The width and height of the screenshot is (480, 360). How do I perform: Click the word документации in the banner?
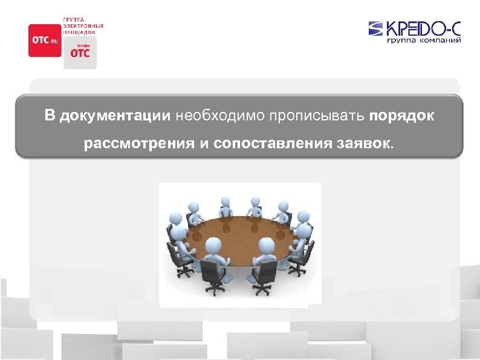(x=114, y=116)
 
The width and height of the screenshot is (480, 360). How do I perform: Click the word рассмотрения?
(x=138, y=145)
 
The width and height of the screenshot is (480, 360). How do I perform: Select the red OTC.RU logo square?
(x=45, y=40)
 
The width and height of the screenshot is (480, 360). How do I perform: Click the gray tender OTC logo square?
(x=80, y=52)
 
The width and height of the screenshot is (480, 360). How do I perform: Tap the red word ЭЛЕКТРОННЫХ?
(x=83, y=26)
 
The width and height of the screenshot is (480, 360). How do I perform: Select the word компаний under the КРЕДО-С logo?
(x=441, y=41)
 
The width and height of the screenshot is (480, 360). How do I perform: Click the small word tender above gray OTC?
(x=79, y=45)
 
